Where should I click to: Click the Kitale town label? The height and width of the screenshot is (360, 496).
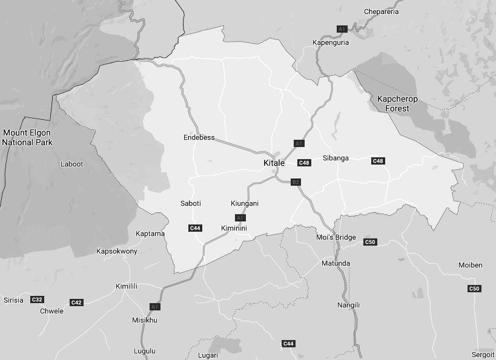274,163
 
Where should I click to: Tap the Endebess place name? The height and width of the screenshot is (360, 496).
199,137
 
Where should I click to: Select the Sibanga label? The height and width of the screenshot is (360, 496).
336,158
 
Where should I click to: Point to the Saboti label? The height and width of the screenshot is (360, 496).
191,203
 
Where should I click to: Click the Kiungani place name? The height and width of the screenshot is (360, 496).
245,203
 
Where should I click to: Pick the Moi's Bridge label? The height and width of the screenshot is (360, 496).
336,237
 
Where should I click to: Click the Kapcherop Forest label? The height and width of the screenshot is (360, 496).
397,103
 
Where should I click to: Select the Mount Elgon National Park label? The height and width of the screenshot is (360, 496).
27,137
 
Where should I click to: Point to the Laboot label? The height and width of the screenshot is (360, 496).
71,164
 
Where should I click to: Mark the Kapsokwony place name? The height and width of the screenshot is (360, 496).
117,251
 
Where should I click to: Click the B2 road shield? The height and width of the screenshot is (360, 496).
296,182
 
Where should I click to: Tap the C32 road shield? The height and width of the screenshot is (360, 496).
37,299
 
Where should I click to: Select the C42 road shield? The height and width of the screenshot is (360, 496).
76,303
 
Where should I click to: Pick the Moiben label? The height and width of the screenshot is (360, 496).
471,265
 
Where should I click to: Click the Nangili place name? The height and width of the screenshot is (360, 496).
348,305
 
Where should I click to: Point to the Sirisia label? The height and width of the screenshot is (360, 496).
13,300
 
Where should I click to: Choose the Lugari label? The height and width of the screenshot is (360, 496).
208,355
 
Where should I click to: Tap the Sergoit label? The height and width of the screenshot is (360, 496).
483,355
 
